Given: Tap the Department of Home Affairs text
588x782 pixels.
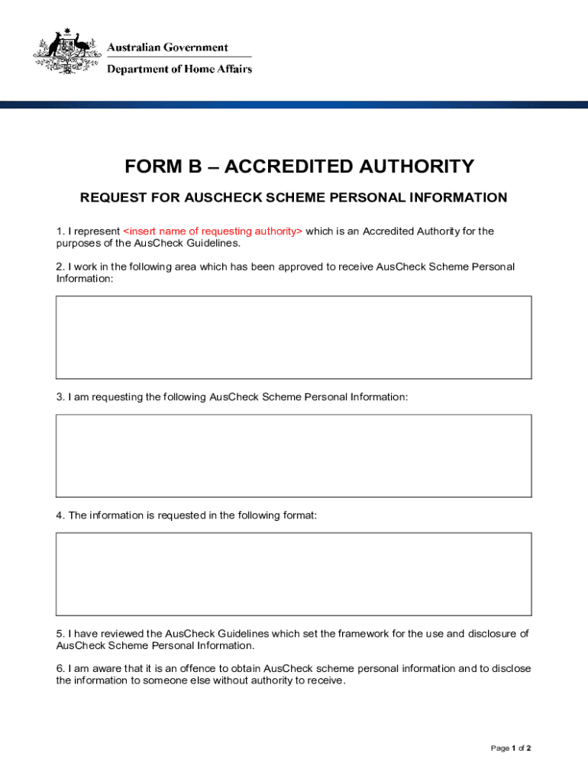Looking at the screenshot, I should [x=179, y=69].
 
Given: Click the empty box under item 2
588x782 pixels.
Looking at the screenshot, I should [x=293, y=337].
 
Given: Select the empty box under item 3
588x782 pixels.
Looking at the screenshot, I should [x=293, y=456].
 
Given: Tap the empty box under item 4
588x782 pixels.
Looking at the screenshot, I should [x=293, y=574].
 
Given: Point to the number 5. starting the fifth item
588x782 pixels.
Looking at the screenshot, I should [x=60, y=634].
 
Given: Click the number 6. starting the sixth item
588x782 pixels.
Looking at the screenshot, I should [x=60, y=669].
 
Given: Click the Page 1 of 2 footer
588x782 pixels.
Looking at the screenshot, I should [x=511, y=748].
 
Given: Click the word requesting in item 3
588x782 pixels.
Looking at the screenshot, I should [x=117, y=397].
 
